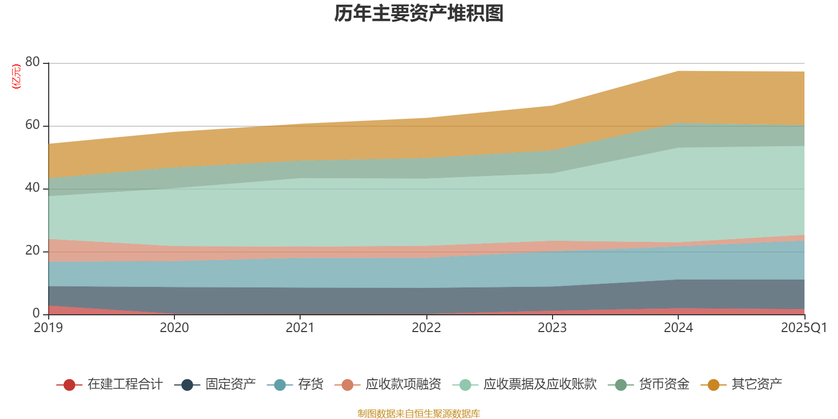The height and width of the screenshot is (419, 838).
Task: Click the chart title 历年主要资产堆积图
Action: coord(419,14)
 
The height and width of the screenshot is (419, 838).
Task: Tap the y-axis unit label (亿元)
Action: coord(16,76)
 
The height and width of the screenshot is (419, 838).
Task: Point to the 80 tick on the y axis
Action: coord(32,62)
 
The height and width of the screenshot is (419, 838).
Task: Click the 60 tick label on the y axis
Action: coord(32,125)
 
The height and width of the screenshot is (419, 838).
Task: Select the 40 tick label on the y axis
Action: coord(32,188)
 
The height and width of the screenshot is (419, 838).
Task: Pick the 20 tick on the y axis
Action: coord(32,250)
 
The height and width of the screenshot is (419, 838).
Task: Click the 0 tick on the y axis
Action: coord(36,313)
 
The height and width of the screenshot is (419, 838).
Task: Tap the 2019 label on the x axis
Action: coord(48,328)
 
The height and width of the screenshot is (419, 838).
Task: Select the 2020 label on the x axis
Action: coord(174,328)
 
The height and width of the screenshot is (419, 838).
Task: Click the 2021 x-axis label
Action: coord(300,328)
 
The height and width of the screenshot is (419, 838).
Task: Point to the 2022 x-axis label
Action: coord(426,328)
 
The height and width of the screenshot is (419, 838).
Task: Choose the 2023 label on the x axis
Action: coord(552,328)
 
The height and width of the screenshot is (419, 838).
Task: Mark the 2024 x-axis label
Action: coord(678,328)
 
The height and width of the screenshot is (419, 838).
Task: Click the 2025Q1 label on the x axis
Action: coord(803,328)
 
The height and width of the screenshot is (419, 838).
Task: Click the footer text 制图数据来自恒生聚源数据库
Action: coord(419,414)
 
